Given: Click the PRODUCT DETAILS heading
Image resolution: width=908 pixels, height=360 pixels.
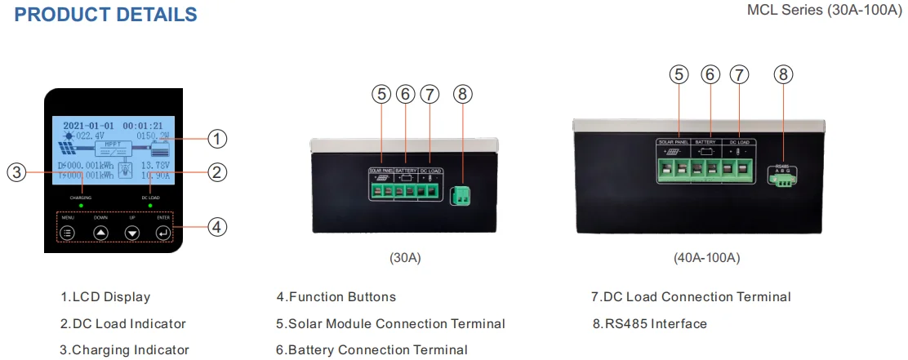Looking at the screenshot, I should tap(105, 15).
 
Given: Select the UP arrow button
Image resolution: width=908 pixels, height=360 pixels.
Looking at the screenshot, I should tap(132, 233).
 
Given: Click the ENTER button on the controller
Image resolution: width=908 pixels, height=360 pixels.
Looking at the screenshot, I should tap(163, 233).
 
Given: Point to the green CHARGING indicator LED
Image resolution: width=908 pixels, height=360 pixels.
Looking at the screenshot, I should tap(81, 205).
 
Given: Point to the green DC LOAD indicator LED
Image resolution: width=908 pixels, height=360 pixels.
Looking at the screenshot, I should tap(149, 205).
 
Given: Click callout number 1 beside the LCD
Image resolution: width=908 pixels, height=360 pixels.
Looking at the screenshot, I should tap(216, 140).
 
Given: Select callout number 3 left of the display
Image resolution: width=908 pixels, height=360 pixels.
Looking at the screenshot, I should tap(17, 172).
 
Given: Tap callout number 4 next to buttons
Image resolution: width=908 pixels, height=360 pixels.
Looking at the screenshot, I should tap(216, 227).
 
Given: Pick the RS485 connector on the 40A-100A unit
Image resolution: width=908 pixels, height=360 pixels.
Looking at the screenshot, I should tap(783, 180).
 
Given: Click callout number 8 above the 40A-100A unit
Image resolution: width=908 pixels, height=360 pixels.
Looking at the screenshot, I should tap(783, 74).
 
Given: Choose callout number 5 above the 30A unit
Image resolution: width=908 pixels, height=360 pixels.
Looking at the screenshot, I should tap(381, 94).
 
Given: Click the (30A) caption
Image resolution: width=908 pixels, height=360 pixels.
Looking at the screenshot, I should tap(406, 258).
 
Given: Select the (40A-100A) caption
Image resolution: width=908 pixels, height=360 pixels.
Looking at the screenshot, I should tap(706, 258).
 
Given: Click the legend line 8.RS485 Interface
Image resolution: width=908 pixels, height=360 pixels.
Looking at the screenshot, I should tap(649, 323).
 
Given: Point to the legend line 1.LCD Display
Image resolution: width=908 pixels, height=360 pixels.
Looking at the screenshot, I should tap(105, 297).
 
